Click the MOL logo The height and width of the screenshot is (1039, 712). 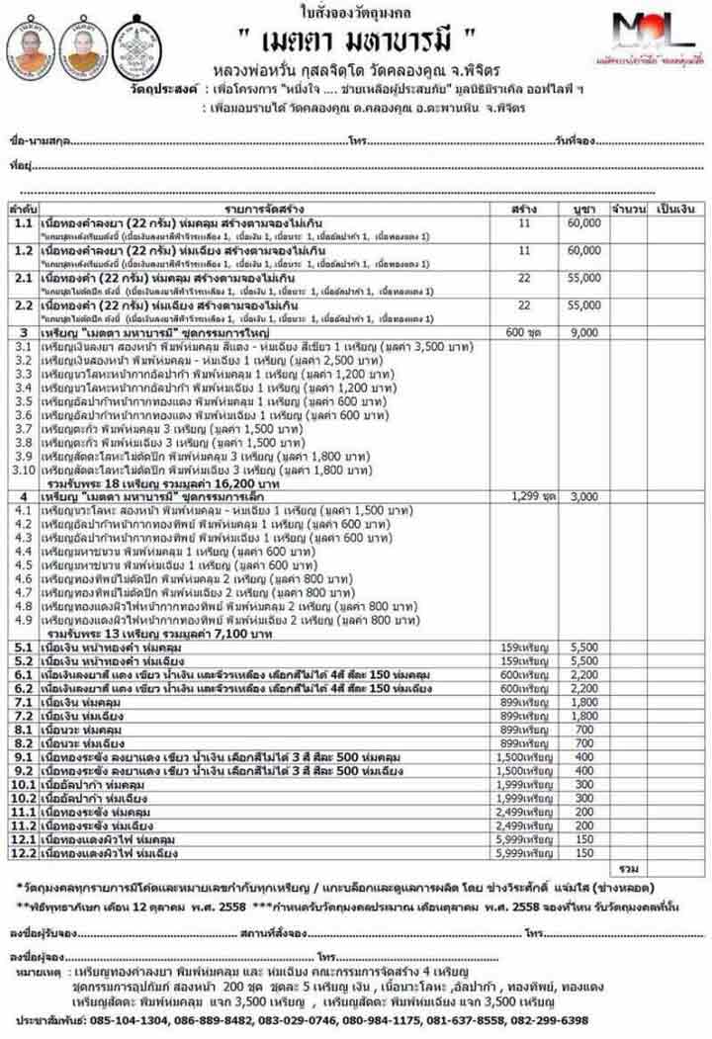[x=653, y=35]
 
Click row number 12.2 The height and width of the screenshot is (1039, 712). [x=24, y=852]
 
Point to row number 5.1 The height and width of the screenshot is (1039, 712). [x=24, y=647]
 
